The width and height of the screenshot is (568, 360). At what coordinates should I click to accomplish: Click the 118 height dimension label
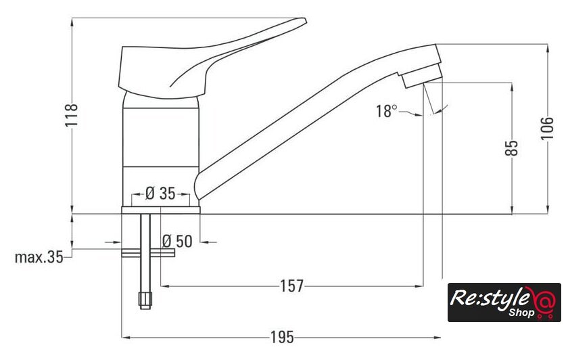point(72,115)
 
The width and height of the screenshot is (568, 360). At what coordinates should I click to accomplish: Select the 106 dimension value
point(547,128)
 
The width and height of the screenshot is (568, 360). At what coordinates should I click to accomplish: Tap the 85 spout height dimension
point(511,148)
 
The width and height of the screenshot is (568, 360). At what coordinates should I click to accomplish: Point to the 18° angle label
point(386,111)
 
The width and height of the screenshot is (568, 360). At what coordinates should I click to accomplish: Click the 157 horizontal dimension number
point(292,286)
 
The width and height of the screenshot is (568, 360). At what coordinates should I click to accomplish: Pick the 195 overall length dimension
point(282,338)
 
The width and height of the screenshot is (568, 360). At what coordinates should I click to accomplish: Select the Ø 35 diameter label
point(160,194)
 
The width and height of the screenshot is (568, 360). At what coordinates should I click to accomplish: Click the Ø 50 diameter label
point(177,241)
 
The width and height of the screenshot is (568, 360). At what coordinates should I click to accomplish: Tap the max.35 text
point(39,257)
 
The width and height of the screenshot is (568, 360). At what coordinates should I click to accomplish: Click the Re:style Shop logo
point(504,302)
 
